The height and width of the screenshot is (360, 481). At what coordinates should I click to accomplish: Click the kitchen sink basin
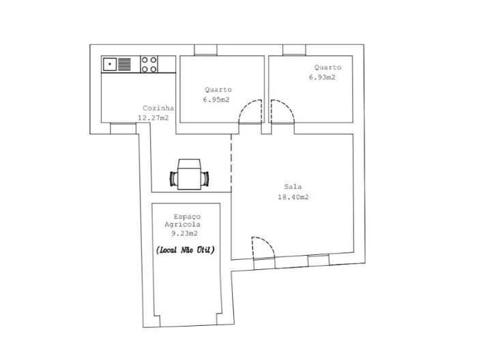109,64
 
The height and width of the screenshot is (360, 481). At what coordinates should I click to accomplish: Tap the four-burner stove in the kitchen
149,64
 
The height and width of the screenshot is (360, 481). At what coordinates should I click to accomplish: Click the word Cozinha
158,108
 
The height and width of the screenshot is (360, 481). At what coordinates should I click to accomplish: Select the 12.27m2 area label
154,117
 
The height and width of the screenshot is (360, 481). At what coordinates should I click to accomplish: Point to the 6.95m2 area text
216,100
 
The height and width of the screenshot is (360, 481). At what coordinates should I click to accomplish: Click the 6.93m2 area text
322,77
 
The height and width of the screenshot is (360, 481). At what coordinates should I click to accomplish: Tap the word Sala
293,186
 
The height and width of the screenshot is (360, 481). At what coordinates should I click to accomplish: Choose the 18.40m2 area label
293,197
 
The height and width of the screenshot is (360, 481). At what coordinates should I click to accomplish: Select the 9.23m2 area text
183,234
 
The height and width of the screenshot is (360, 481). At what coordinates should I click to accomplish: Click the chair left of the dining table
173,179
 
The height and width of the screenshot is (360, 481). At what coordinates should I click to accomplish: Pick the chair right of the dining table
205,179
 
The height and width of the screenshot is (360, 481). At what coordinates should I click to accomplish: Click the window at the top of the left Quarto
205,50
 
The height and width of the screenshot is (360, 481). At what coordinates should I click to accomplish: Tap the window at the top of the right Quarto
294,50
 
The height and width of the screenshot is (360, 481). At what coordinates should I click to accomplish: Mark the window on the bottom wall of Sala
318,260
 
